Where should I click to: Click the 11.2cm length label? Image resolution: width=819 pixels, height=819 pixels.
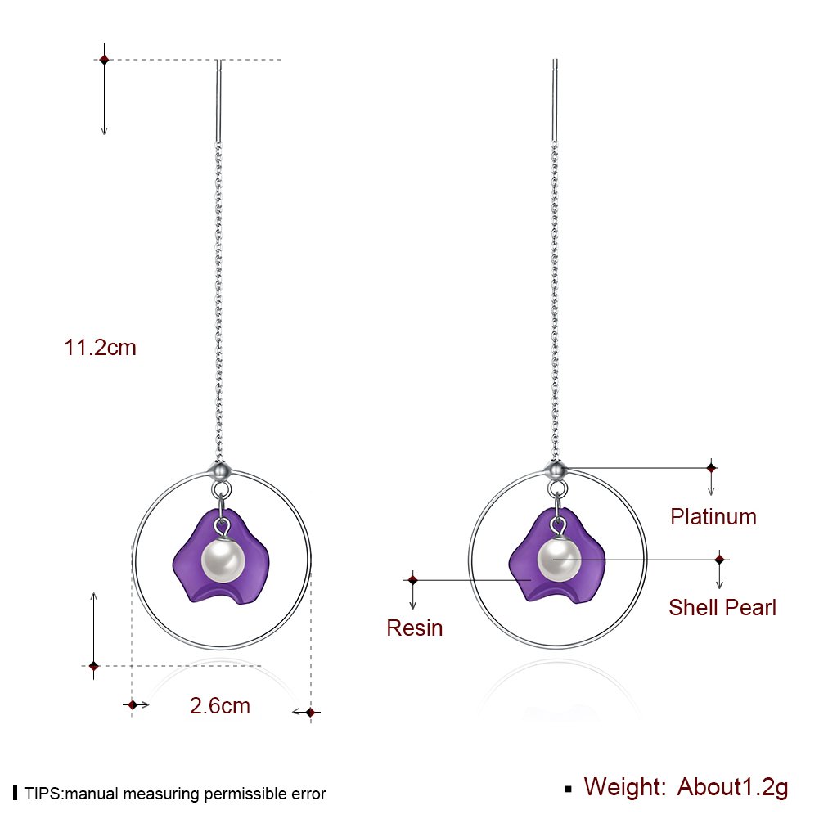point(100,348)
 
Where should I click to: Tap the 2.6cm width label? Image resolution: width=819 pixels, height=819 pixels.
point(220,705)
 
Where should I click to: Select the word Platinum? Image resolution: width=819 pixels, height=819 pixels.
point(713,517)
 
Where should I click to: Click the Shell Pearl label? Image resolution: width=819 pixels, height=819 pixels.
point(722,608)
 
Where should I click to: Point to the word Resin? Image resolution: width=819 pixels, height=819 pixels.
point(414,628)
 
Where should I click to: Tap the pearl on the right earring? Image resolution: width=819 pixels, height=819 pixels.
point(560,560)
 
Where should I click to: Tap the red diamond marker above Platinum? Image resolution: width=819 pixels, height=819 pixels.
point(711,467)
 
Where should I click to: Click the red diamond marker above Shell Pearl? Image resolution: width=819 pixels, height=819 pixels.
point(719,560)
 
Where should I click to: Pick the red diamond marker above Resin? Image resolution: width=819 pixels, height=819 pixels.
point(413,579)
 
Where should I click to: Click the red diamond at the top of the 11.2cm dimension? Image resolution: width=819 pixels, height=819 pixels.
point(104,60)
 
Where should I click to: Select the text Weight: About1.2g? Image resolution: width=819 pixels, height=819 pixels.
point(686,787)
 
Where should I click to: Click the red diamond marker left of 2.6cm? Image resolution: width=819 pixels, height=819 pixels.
point(133,704)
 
